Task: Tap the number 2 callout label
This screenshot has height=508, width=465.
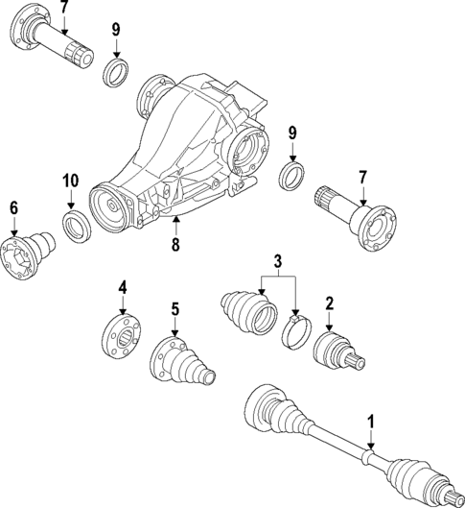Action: point(329,304)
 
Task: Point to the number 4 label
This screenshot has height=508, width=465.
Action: point(123,286)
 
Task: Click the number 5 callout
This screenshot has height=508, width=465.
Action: point(174,309)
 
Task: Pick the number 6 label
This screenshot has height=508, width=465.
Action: point(14,206)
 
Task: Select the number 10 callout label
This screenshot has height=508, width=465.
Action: point(71,181)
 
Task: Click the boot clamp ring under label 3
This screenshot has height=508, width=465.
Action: point(297,331)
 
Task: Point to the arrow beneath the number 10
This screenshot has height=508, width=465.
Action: point(72,203)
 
